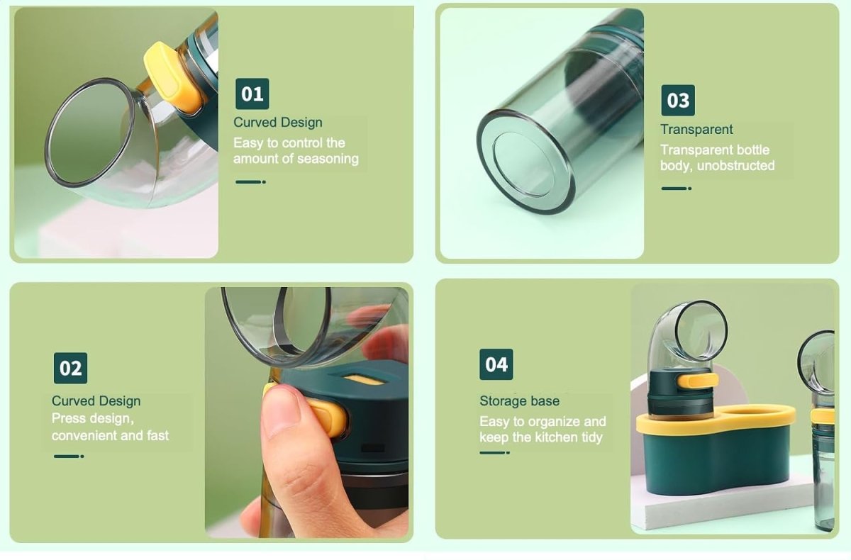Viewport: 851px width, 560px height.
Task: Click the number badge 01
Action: [252, 94]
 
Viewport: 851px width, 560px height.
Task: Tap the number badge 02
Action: [70, 368]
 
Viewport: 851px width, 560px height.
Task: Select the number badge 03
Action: [678, 100]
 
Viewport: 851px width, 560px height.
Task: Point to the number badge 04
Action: [496, 364]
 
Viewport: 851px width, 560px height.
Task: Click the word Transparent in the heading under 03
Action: [696, 130]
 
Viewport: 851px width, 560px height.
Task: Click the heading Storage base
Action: [519, 401]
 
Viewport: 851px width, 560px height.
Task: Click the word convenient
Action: [78, 435]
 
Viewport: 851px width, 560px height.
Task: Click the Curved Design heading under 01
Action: [278, 122]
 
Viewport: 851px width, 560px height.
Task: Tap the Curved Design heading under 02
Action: [96, 401]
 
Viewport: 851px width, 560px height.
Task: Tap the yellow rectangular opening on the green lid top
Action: [364, 379]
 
